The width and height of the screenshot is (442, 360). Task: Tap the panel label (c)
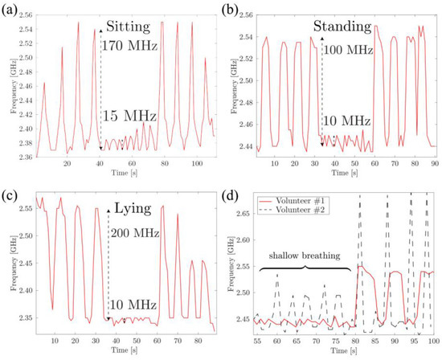[11, 191]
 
